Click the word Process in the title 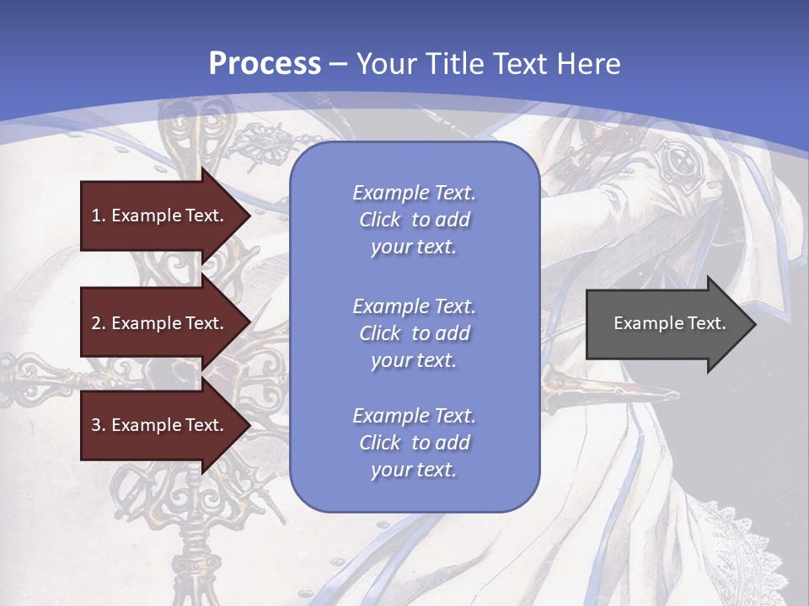pyautogui.click(x=265, y=64)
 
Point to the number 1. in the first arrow pyautogui.click(x=99, y=215)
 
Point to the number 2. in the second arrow pyautogui.click(x=99, y=323)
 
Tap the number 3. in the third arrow pyautogui.click(x=99, y=425)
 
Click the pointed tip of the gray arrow pyautogui.click(x=753, y=324)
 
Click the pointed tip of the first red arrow pyautogui.click(x=248, y=215)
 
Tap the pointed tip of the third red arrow pyautogui.click(x=248, y=425)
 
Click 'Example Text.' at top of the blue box pyautogui.click(x=414, y=193)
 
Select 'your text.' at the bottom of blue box pyautogui.click(x=414, y=470)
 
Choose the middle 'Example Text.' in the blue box pyautogui.click(x=414, y=306)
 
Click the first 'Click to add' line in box pyautogui.click(x=414, y=220)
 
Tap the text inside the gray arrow pyautogui.click(x=670, y=323)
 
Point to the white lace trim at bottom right pyautogui.click(x=758, y=539)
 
